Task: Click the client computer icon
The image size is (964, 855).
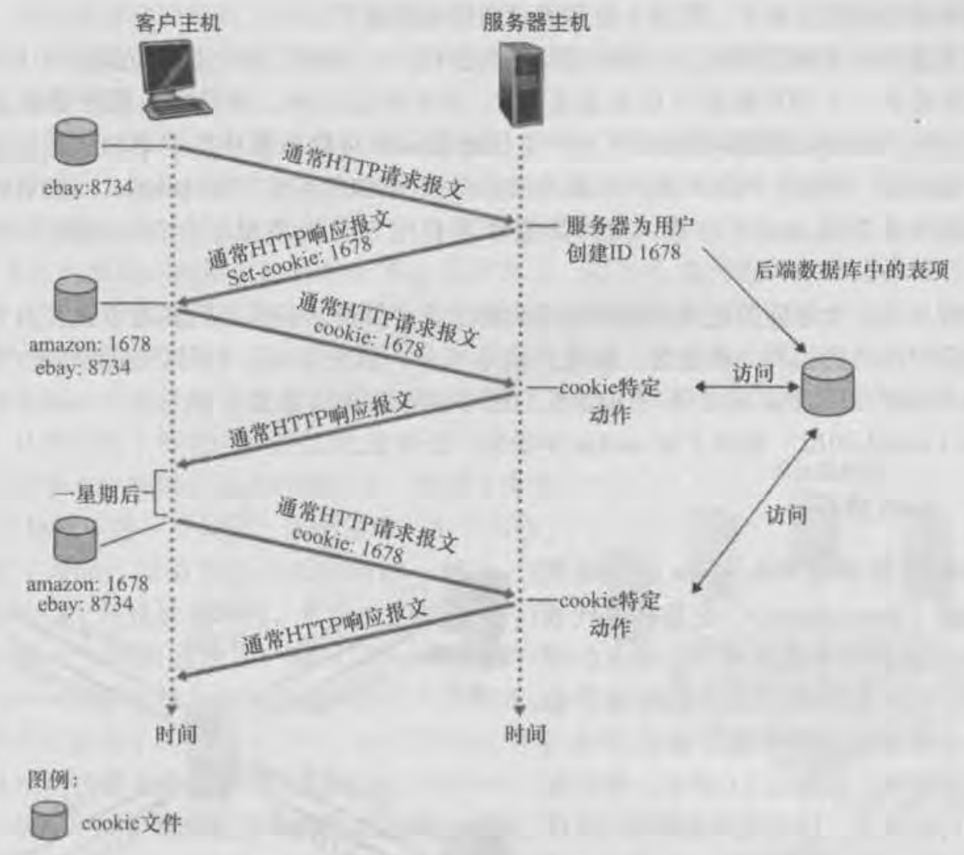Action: [177, 80]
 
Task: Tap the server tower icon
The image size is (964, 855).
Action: [521, 85]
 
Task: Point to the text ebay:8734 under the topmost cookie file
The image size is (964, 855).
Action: [88, 187]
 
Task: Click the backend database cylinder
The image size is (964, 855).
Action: [828, 387]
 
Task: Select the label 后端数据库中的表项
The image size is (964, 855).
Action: [852, 270]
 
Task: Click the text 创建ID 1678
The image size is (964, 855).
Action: [623, 252]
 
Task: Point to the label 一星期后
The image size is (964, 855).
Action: [97, 495]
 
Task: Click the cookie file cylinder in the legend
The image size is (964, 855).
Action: [49, 820]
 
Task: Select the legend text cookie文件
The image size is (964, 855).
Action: [131, 823]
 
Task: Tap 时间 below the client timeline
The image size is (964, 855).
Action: [176, 734]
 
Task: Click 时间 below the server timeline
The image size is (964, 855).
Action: [525, 734]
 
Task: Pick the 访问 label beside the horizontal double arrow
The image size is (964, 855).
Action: [753, 373]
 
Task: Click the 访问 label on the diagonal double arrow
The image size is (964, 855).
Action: [786, 514]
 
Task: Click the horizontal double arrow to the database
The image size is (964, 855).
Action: [747, 387]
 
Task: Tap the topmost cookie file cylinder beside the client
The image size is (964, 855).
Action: [76, 142]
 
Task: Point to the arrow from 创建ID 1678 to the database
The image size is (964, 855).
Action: [755, 300]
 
